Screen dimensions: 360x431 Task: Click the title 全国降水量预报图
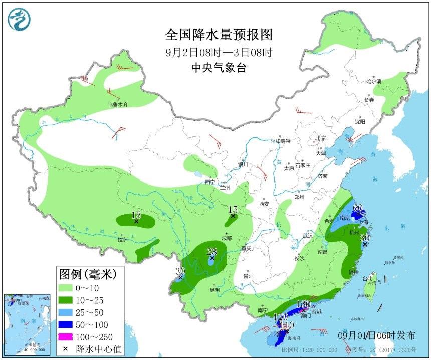(x=219, y=35)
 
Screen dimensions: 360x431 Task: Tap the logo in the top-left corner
(x=19, y=20)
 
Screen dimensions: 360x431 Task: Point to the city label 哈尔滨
(x=374, y=81)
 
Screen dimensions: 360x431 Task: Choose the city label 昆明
(x=214, y=290)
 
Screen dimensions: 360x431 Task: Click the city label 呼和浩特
(x=281, y=141)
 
